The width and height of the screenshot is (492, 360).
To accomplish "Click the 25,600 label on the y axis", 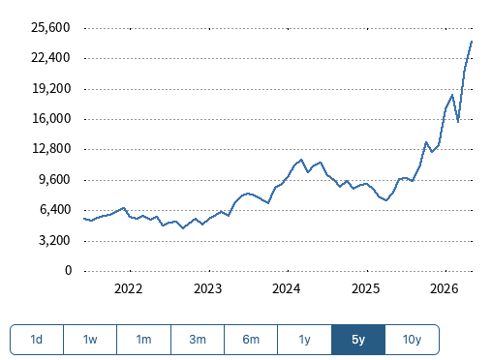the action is click(x=50, y=28).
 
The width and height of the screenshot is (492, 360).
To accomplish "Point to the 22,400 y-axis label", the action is click(x=50, y=58).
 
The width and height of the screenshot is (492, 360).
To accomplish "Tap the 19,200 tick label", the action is click(x=51, y=88).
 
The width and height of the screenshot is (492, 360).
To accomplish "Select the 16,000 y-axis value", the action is click(x=51, y=119).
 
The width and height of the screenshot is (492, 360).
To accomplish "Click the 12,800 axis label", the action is click(x=51, y=149).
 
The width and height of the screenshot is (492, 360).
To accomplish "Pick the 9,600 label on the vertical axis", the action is click(x=54, y=179).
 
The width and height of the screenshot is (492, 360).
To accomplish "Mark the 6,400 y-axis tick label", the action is click(x=55, y=210).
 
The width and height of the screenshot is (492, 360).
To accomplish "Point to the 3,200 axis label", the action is click(x=54, y=240).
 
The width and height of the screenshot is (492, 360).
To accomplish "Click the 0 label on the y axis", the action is click(x=68, y=270).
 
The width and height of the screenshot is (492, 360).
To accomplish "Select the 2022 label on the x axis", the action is click(x=128, y=288).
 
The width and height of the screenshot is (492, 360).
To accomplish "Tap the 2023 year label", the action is click(x=207, y=288).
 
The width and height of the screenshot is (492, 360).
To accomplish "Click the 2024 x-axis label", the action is click(x=286, y=288).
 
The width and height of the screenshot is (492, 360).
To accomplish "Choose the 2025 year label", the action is click(x=365, y=288).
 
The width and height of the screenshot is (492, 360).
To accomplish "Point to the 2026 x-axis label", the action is click(x=444, y=288).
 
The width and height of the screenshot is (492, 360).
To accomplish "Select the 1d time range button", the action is click(x=37, y=340).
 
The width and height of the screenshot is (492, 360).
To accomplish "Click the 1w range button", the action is click(x=90, y=340).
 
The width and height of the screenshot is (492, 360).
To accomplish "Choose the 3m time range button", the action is click(x=198, y=340).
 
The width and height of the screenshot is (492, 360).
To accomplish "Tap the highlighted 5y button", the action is click(x=358, y=340).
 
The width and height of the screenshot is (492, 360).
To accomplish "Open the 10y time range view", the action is click(x=412, y=340).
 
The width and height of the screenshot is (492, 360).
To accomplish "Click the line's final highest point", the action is click(x=472, y=42).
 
